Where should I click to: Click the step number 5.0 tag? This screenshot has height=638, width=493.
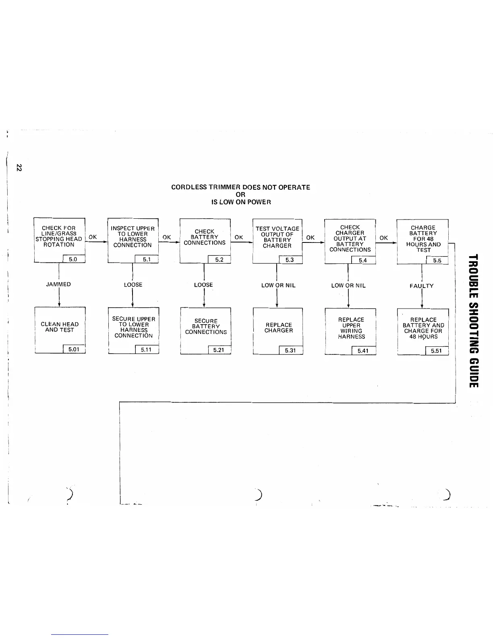tap(73, 259)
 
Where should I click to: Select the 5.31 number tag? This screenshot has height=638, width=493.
tap(290, 350)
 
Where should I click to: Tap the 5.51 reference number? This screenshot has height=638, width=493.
tap(436, 351)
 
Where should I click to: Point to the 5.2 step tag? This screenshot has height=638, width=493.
tap(219, 260)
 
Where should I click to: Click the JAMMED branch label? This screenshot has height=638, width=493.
tap(58, 284)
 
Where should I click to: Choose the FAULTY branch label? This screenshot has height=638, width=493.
tap(421, 286)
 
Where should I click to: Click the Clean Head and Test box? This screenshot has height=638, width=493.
tap(60, 327)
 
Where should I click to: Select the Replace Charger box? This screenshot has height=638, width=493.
tap(278, 328)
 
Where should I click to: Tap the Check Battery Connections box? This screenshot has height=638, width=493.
tap(205, 237)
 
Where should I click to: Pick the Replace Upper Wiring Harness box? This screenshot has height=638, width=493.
tap(351, 328)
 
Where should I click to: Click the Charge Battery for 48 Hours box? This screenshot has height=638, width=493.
tap(423, 239)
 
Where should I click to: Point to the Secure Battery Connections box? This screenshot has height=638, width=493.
tap(206, 327)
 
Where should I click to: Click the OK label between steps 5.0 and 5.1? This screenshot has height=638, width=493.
tap(93, 237)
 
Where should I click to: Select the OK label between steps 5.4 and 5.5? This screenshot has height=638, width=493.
tap(384, 238)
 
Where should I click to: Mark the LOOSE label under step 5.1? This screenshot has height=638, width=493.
tap(133, 285)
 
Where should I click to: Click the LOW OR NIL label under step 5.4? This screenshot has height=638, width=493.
tap(348, 286)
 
